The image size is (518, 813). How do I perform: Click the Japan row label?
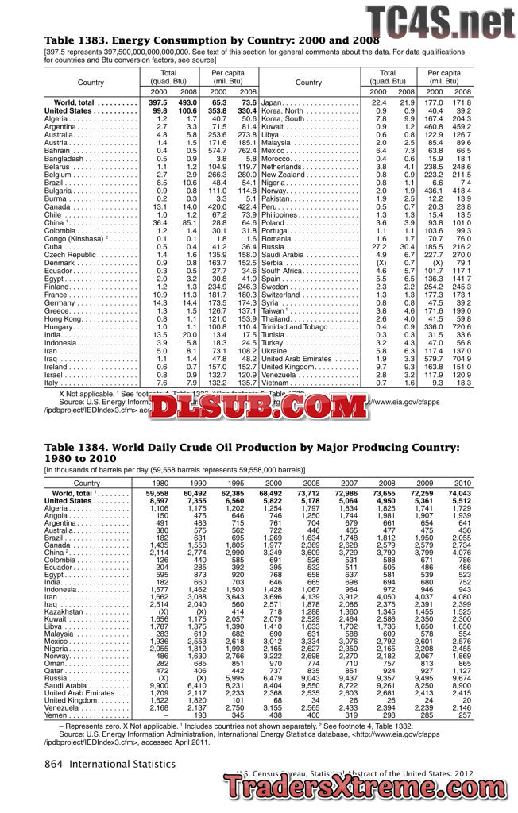click(273, 103)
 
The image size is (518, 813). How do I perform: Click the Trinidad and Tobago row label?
click(295, 326)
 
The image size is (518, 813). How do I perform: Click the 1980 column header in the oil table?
click(160, 483)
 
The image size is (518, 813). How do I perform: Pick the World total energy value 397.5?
click(159, 103)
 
